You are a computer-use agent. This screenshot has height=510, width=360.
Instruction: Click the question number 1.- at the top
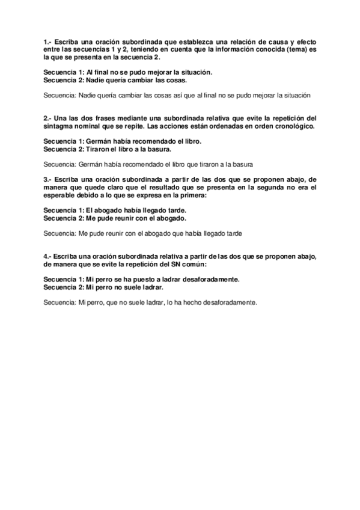(x=47, y=41)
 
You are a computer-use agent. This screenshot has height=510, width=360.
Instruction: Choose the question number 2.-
(x=47, y=118)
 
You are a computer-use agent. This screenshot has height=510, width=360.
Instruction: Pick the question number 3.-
(x=47, y=180)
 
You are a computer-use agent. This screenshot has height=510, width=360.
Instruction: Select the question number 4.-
(x=47, y=257)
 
